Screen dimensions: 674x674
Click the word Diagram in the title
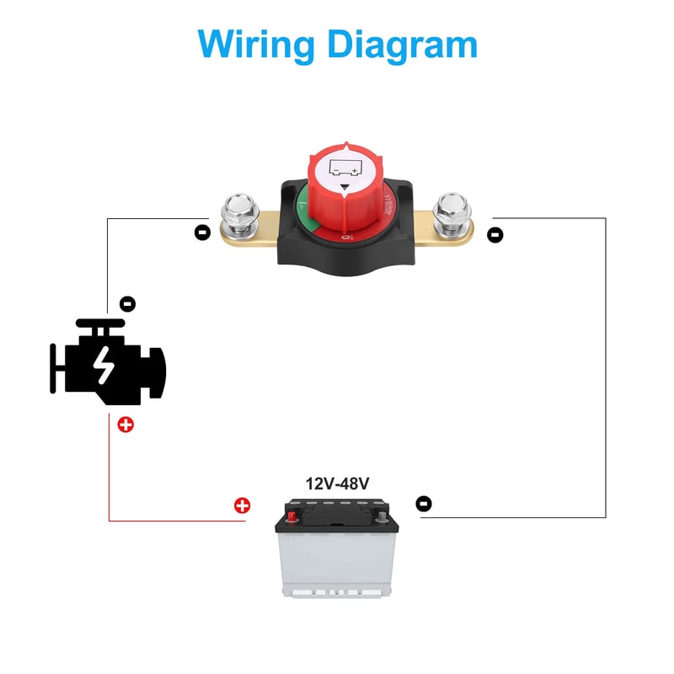[403, 43]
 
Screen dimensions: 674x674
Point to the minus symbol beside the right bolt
[495, 235]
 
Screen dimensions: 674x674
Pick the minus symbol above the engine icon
[127, 303]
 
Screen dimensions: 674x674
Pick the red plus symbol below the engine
[126, 424]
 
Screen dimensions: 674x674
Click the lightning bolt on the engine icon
[103, 365]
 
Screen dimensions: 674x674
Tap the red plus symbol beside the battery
[242, 505]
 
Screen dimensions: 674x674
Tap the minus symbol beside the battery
[424, 504]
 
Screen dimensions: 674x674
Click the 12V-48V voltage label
[337, 484]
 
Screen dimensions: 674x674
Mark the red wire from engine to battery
[110, 480]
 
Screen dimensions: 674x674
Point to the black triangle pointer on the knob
[345, 190]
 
